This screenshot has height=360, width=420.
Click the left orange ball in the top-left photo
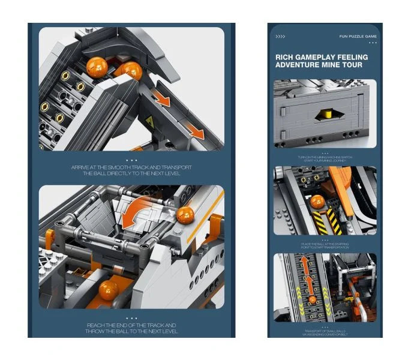tap(97, 67)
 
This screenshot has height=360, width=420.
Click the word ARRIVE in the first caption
tap(83, 167)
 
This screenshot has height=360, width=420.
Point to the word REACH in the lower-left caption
tap(97, 325)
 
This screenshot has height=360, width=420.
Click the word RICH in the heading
tap(285, 58)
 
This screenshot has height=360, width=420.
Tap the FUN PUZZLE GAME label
tap(357, 37)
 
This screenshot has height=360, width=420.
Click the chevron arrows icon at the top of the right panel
tap(280, 37)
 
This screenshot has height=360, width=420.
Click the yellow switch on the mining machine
tap(328, 113)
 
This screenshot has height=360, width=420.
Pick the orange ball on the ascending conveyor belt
tap(311, 300)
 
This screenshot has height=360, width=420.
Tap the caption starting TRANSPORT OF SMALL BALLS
tap(325, 332)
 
